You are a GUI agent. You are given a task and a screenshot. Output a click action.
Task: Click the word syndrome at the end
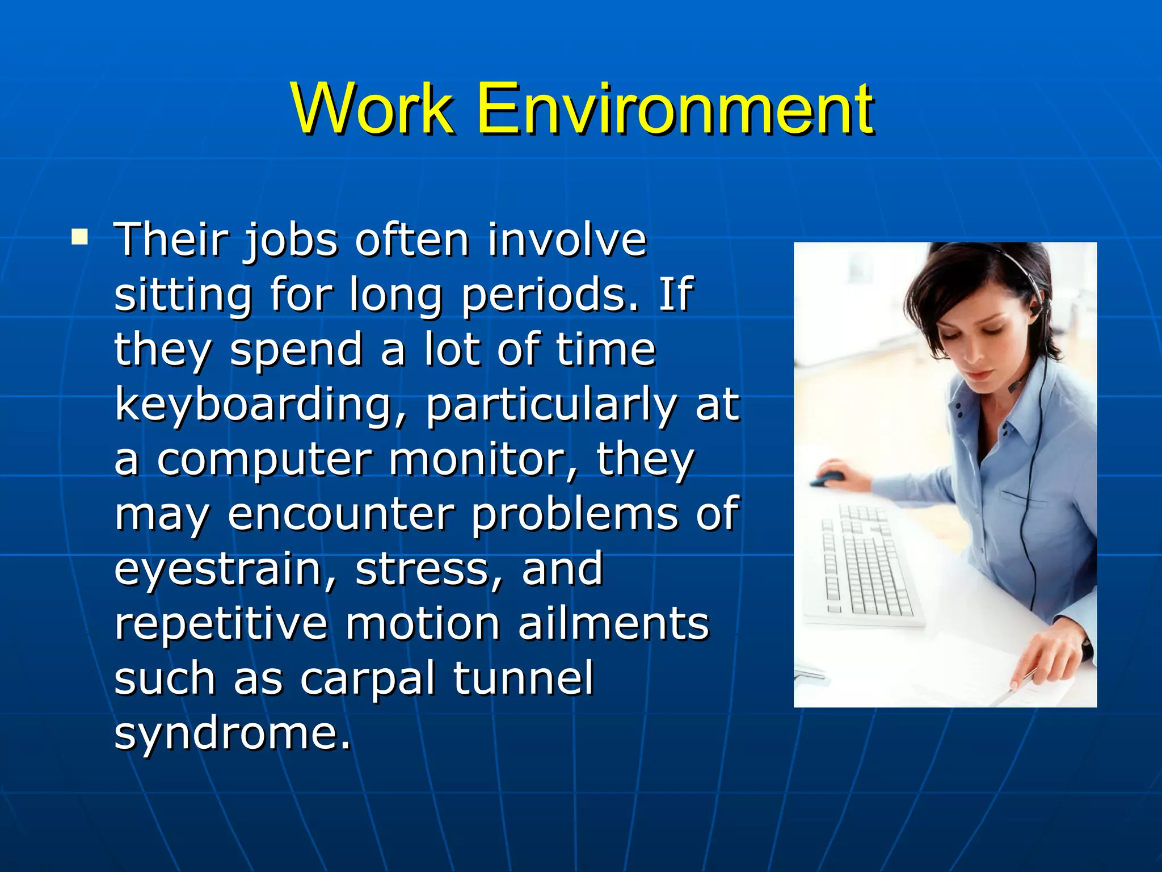(231, 733)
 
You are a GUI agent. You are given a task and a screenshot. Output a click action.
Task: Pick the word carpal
(367, 678)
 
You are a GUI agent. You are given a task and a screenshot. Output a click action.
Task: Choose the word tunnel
(523, 678)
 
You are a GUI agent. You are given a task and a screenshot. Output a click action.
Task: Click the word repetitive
(221, 623)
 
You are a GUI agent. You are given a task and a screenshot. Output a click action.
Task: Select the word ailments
(613, 623)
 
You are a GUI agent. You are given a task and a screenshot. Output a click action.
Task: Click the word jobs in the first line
(290, 241)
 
